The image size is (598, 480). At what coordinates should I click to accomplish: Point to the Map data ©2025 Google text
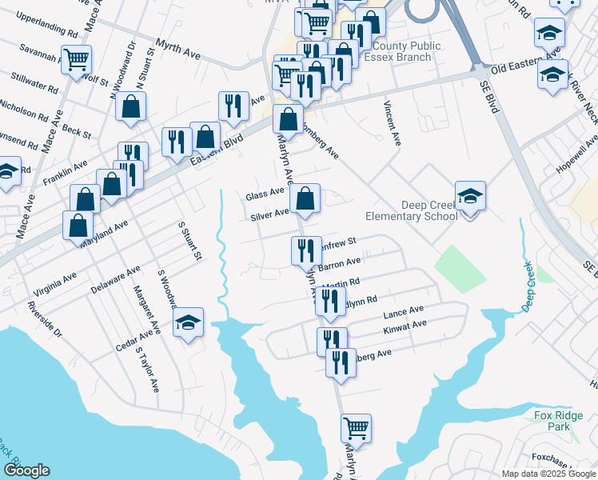(x=548, y=474)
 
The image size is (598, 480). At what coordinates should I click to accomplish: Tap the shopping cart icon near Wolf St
(x=77, y=58)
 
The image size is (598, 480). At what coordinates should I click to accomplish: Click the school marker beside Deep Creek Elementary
(x=470, y=194)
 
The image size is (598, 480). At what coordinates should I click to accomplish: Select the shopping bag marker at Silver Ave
(x=305, y=198)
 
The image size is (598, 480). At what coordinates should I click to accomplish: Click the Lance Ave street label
(x=403, y=311)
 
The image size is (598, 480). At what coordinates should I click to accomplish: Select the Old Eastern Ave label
(x=526, y=68)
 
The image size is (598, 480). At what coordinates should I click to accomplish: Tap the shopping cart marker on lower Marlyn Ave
(x=356, y=427)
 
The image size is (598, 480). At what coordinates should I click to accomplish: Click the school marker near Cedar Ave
(x=189, y=322)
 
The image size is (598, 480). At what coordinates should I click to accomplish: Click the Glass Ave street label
(x=265, y=194)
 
